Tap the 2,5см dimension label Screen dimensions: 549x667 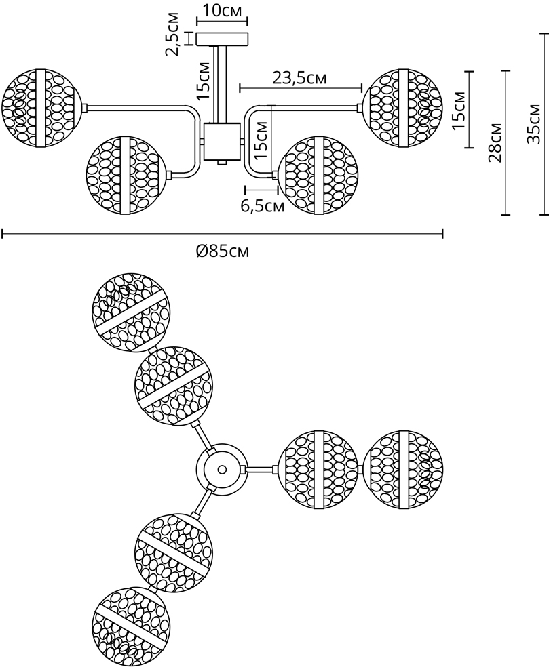pos(173,35)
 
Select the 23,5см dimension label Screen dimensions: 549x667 pos(299,78)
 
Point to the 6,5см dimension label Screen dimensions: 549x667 pos(263,206)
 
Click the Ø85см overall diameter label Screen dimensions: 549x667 pos(223,251)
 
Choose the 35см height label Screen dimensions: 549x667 pos(533,123)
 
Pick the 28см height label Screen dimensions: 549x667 pos(495,142)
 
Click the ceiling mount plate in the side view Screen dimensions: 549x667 pos(222,39)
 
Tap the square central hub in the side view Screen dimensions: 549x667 pos(221,142)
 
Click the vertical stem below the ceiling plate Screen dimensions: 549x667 pos(221,84)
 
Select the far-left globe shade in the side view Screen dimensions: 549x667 pos(41,108)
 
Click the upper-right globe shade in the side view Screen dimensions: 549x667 pos(402,108)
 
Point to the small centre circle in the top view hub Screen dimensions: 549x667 pos(221,470)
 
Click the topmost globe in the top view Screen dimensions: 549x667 pos(132,312)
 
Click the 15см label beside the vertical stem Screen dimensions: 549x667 pos(203,81)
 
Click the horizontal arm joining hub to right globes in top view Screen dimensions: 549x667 pos(261,470)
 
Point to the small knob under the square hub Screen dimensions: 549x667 pos(221,163)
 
